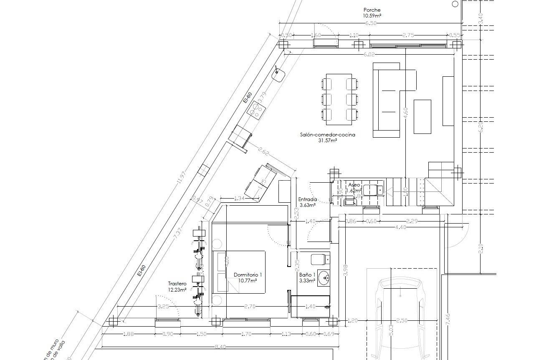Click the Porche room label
pos(372,10)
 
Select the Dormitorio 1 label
pos(248,275)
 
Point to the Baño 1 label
pos(307,275)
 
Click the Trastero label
pos(177,284)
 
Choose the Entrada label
pos(307,199)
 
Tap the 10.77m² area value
pos(248,281)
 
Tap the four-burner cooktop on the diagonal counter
pos(257,109)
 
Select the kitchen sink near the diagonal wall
pos(278,75)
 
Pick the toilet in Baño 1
pos(319,259)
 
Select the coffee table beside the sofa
pos(422,116)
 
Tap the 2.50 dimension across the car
pos(402,320)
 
